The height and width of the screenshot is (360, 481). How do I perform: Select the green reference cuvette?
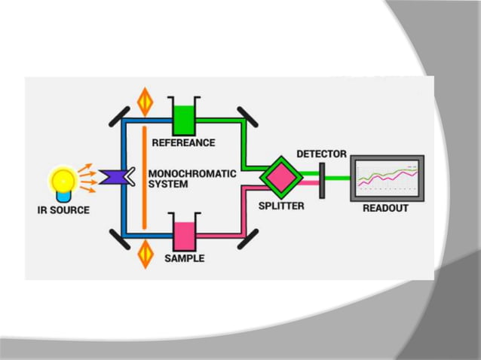pyautogui.click(x=183, y=119)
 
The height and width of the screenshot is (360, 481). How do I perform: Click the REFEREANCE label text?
pyautogui.click(x=183, y=142)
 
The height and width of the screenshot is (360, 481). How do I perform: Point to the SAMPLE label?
pyautogui.click(x=185, y=258)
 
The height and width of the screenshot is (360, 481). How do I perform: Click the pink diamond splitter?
pyautogui.click(x=278, y=178)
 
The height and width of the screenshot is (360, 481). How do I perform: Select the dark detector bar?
pyautogui.click(x=323, y=179)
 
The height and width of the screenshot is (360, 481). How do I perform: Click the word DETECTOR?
pyautogui.click(x=322, y=154)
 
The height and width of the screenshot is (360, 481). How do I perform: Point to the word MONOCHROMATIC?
pyautogui.click(x=192, y=173)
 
